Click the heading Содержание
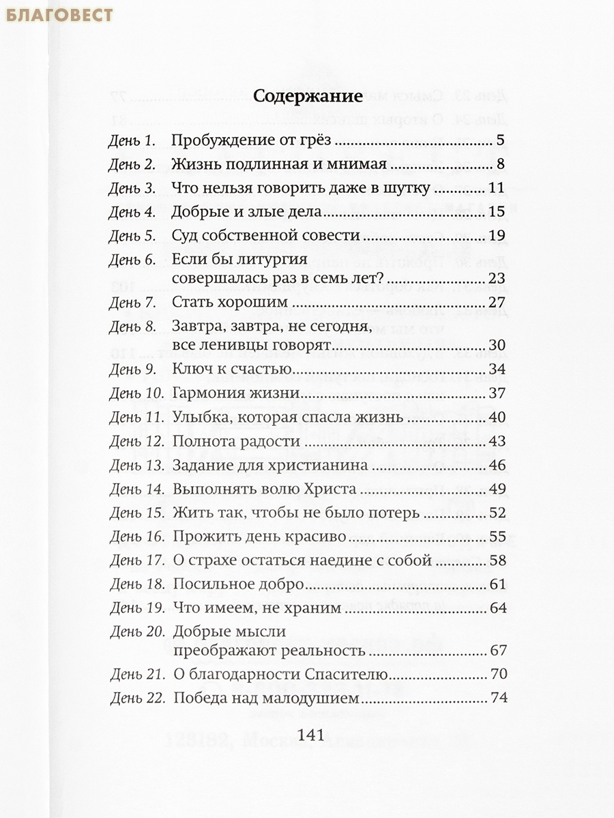pos(307,96)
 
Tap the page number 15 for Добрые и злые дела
pos(497,213)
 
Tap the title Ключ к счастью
pos(233,370)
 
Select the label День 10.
pos(136,394)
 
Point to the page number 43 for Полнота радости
pos(497,442)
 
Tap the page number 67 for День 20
pos(497,651)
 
